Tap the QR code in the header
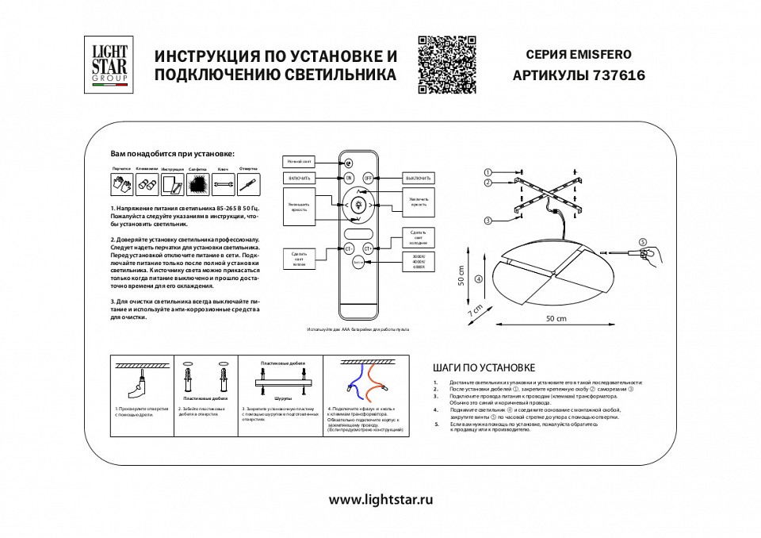[x=446, y=64]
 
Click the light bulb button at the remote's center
[x=358, y=206]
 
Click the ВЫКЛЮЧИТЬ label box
[x=419, y=178]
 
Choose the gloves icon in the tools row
[x=120, y=185]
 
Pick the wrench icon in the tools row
[x=223, y=185]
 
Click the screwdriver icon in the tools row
[x=248, y=185]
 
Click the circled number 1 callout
[x=488, y=172]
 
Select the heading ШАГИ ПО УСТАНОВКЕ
[x=484, y=367]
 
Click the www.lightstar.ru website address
[x=380, y=500]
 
